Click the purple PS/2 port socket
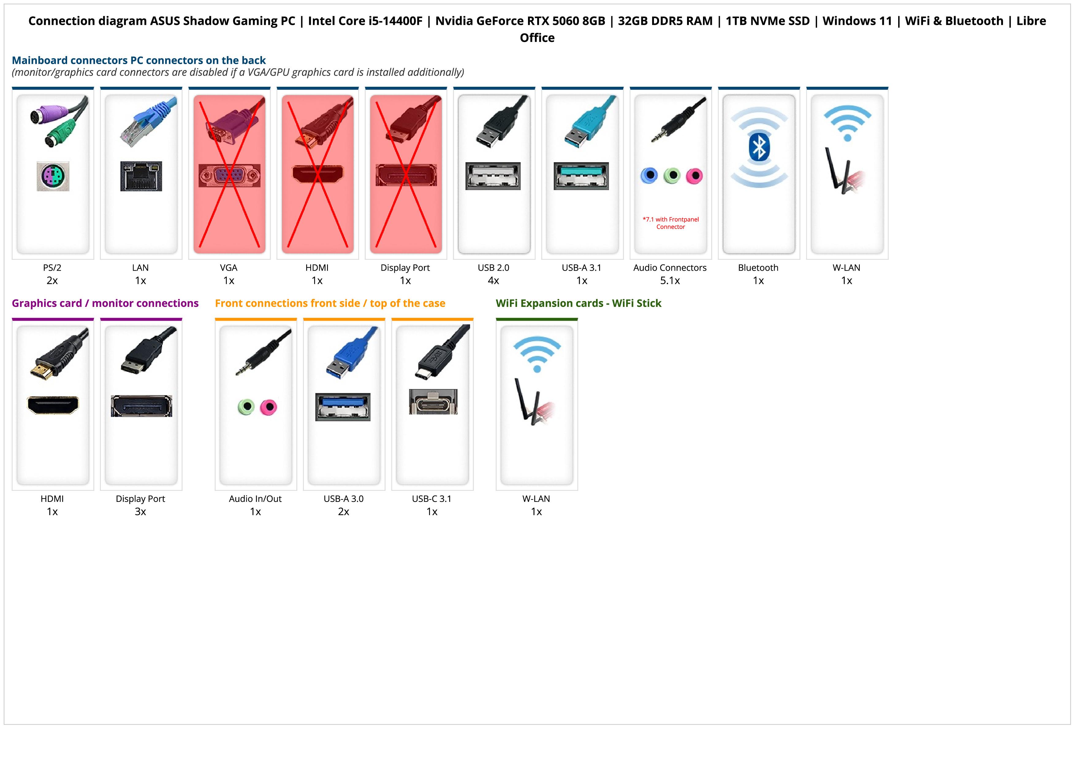pos(53,176)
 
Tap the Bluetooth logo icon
pos(758,147)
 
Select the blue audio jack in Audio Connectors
pos(649,176)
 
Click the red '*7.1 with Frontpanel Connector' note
pos(670,223)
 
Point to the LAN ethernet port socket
pos(141,176)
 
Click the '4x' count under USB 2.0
pos(493,281)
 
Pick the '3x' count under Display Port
pos(140,511)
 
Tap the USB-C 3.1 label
pos(432,499)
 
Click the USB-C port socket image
pos(433,402)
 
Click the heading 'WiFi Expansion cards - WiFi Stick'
pos(578,304)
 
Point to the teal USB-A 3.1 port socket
pos(581,176)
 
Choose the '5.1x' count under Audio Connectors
pos(670,281)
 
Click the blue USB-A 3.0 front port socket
pos(343,407)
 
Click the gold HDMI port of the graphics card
pos(53,405)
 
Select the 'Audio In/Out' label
pos(255,499)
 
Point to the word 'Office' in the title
pos(537,38)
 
